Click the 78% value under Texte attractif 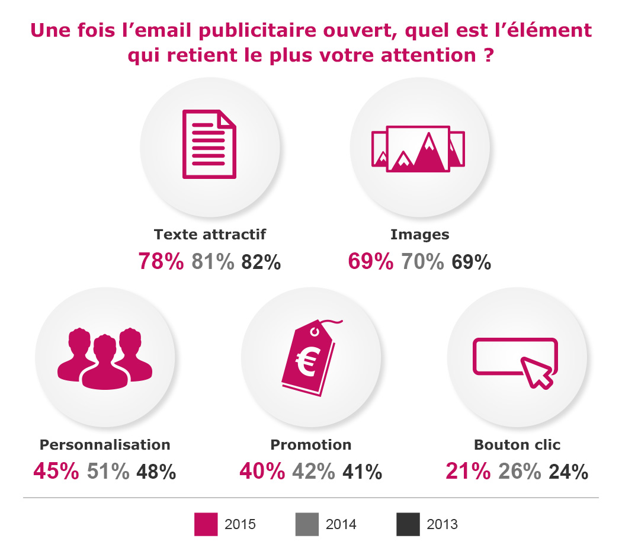pos(161,262)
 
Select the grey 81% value pos(213,262)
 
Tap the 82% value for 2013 pos(261,262)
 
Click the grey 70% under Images pos(422,262)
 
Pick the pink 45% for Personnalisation pos(56,472)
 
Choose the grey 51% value pos(108,472)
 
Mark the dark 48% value pos(156,472)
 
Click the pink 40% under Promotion pos(262,472)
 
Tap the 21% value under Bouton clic pos(468,472)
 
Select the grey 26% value pos(520,472)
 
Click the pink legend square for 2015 pos(206,524)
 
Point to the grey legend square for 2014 pos(306,524)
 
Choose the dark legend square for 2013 pos(407,524)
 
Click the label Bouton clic pos(517,444)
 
